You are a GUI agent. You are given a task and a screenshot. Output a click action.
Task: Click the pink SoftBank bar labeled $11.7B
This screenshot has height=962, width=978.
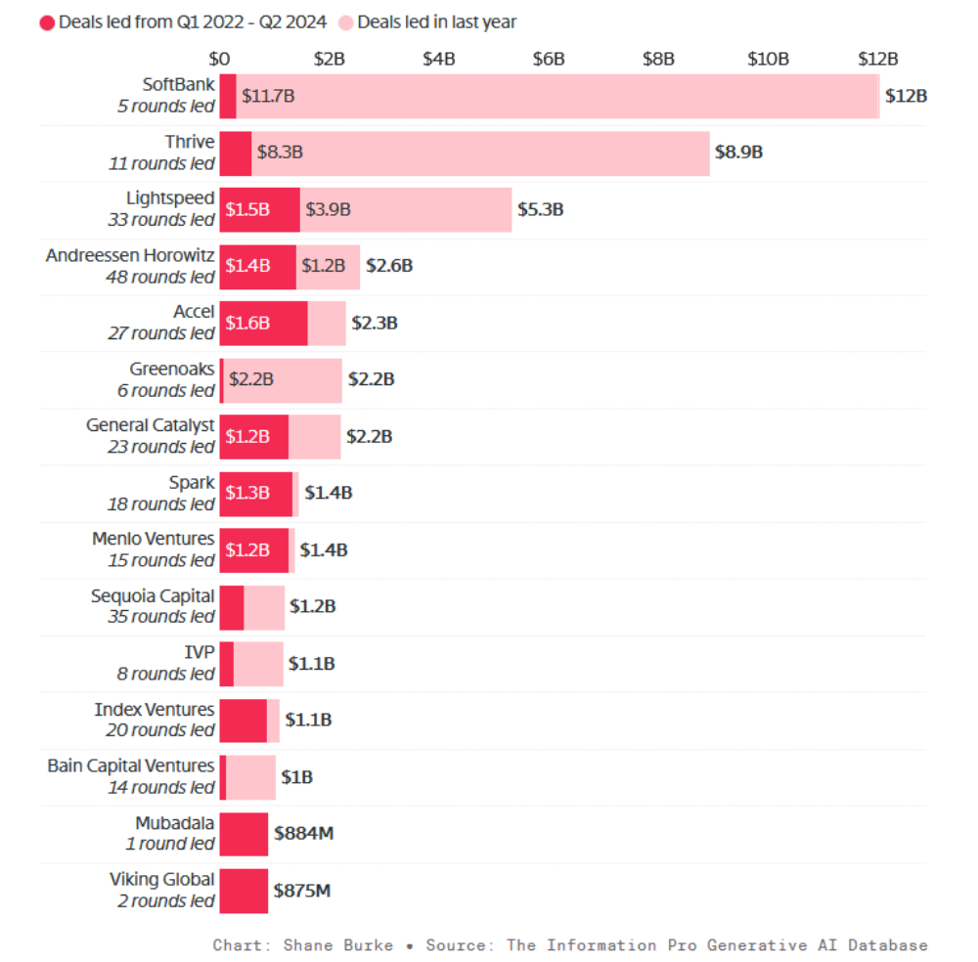(x=557, y=96)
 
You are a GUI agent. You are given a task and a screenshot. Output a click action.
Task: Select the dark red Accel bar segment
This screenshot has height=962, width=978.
(x=263, y=323)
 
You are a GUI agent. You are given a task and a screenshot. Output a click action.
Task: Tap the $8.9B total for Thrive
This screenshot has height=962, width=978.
(x=738, y=153)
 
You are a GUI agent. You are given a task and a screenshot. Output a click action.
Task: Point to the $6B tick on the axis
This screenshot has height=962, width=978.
(x=549, y=59)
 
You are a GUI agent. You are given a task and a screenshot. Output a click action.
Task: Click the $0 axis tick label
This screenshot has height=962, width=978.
(x=220, y=59)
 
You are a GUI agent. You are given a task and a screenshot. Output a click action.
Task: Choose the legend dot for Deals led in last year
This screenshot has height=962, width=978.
(x=345, y=22)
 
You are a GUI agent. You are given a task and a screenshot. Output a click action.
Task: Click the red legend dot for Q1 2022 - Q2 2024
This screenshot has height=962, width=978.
(x=47, y=22)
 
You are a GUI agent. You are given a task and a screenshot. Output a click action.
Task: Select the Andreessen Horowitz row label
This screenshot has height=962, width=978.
(x=130, y=255)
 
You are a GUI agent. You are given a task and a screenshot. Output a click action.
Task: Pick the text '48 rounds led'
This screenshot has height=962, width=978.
(x=160, y=277)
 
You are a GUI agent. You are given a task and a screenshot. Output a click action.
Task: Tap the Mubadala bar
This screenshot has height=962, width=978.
(x=244, y=834)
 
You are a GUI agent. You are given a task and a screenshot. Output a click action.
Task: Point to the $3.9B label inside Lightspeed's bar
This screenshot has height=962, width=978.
(x=328, y=209)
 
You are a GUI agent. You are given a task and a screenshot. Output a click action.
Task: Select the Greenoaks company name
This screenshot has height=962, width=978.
(x=172, y=369)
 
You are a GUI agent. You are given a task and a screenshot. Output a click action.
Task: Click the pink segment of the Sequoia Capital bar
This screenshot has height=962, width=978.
(x=264, y=607)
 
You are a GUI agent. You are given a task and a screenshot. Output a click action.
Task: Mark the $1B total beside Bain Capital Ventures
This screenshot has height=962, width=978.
(x=296, y=777)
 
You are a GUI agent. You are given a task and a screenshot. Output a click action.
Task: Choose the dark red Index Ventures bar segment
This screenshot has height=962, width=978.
(x=243, y=721)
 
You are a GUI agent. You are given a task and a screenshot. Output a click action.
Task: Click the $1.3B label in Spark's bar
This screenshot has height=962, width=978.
(x=247, y=493)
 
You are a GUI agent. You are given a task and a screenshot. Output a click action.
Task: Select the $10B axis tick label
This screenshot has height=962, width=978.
(x=768, y=59)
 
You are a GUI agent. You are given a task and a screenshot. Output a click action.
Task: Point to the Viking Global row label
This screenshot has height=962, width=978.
(x=161, y=879)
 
